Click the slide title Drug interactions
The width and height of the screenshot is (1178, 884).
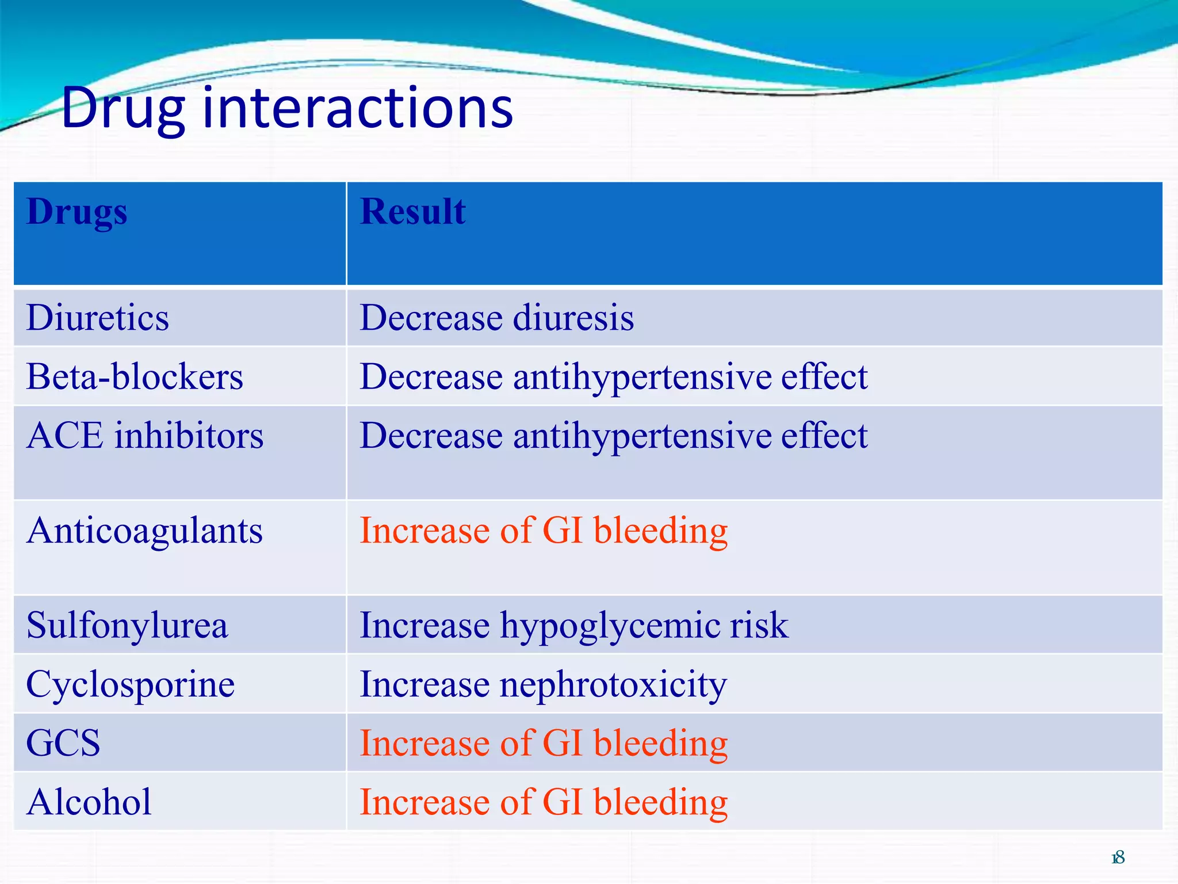click(286, 108)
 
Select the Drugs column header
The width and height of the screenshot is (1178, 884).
click(77, 212)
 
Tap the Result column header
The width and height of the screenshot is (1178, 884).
click(412, 211)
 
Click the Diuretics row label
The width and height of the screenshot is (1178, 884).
click(98, 318)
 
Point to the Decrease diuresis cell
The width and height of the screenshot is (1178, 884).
click(496, 318)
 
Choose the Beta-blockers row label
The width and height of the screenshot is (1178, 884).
click(135, 377)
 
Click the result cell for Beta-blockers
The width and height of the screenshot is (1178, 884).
click(613, 377)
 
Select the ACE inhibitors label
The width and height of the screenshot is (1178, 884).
click(145, 436)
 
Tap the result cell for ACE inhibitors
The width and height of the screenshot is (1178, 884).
click(613, 436)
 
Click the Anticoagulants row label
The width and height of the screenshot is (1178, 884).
click(144, 531)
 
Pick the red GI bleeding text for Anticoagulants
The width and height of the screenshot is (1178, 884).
click(544, 531)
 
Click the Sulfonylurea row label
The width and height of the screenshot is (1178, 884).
click(127, 626)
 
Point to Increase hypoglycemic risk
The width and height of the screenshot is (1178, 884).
click(573, 626)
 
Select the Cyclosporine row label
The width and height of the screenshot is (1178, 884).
click(131, 684)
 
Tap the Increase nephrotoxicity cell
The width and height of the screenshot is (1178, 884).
click(543, 684)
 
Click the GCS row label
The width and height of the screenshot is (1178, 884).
click(63, 743)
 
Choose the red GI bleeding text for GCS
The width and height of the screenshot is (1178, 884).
click(544, 743)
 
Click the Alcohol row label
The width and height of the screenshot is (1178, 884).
click(89, 802)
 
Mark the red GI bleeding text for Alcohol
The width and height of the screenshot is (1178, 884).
click(544, 802)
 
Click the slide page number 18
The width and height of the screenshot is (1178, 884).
click(1118, 858)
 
